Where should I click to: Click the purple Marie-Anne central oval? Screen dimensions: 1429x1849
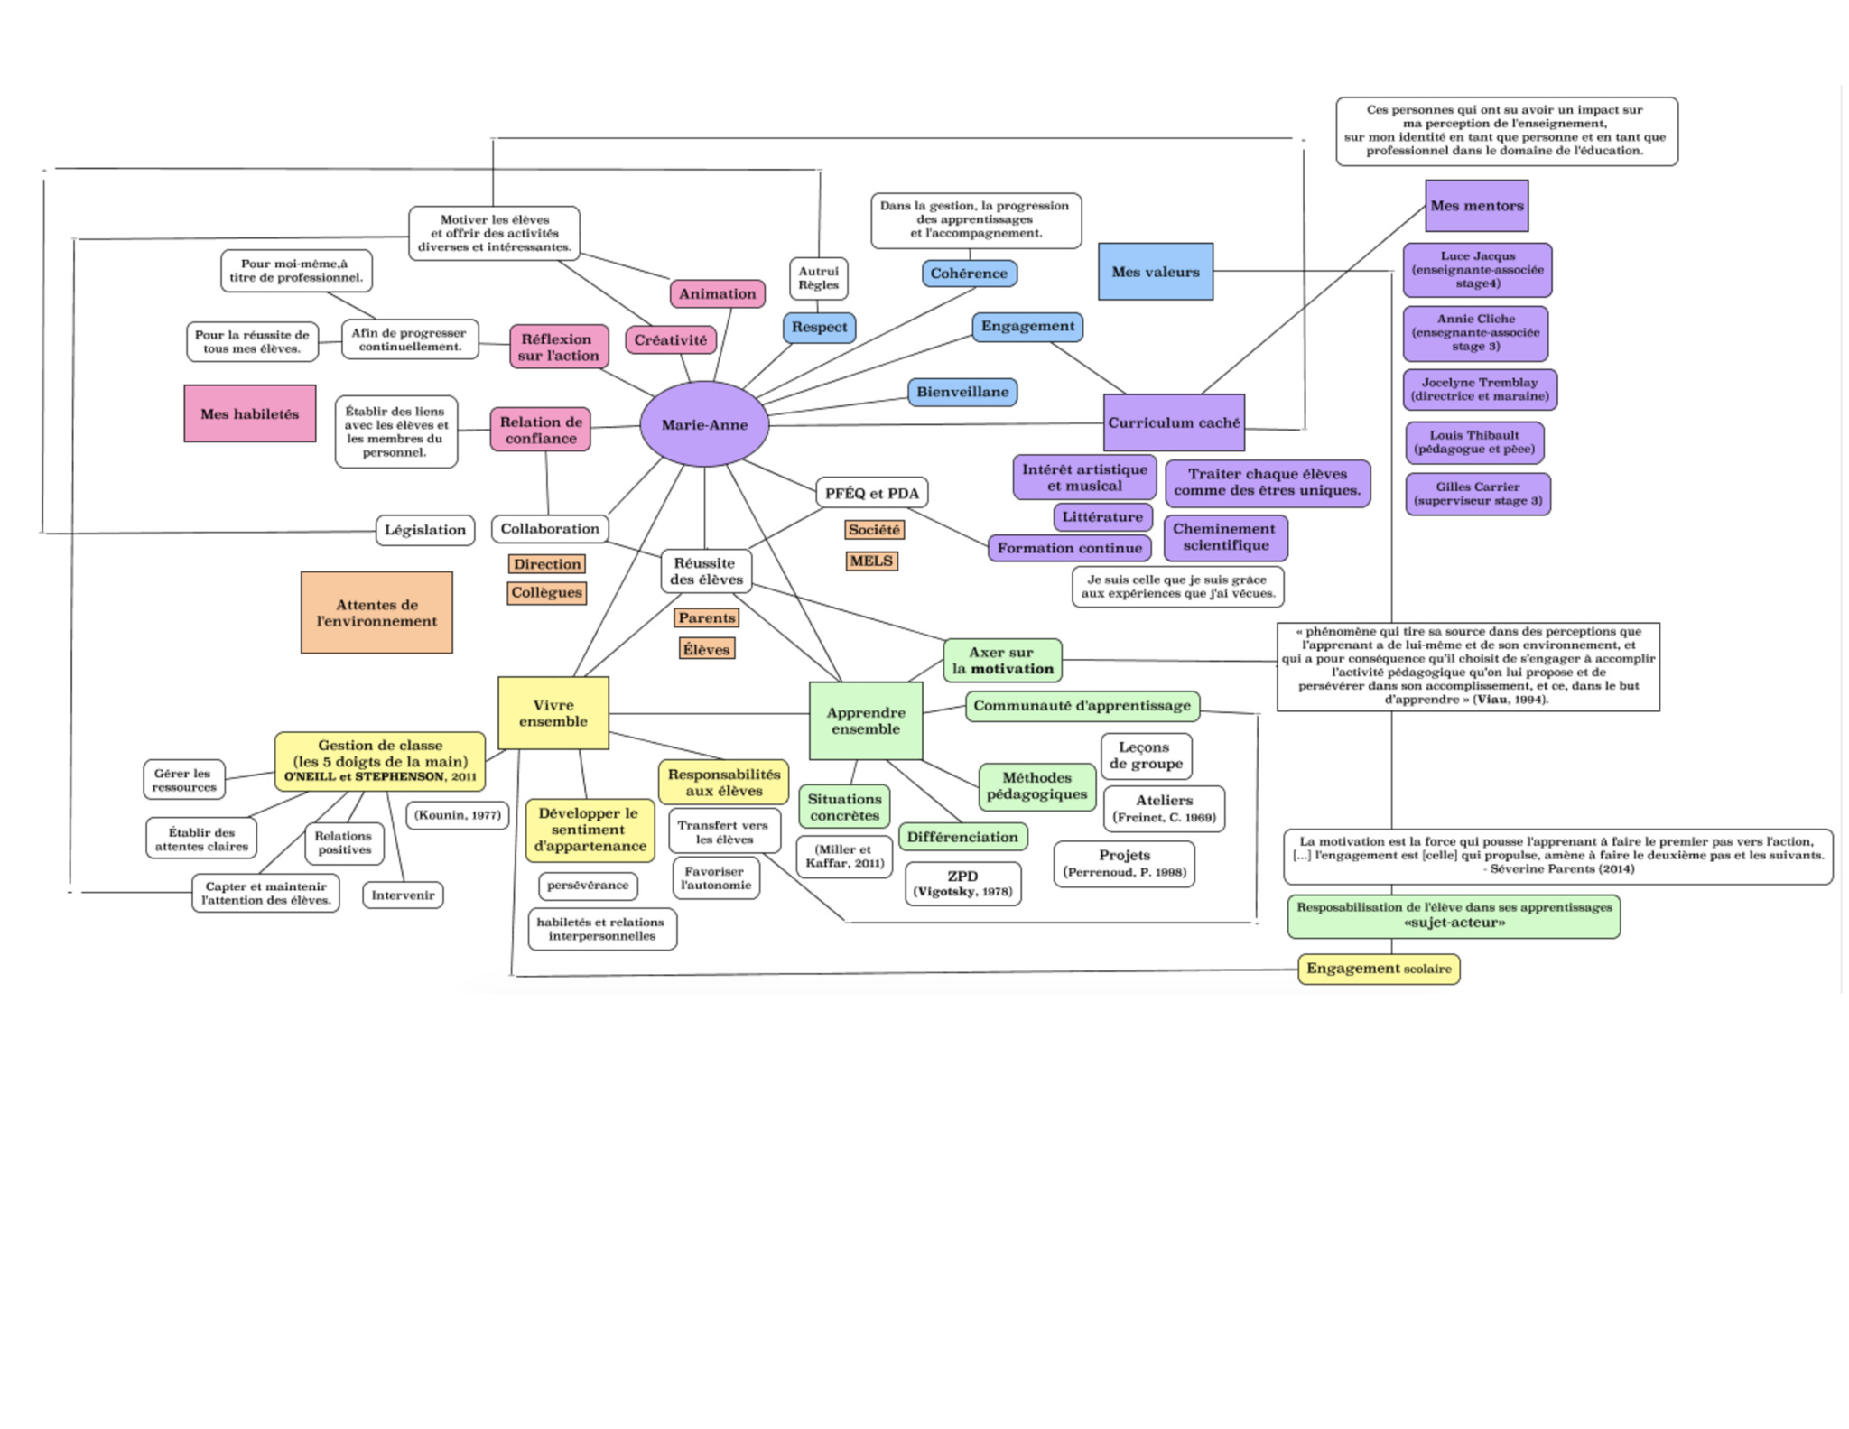[704, 424]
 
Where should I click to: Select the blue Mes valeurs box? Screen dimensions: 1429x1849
[1155, 272]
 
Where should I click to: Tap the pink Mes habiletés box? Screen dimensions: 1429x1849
[249, 413]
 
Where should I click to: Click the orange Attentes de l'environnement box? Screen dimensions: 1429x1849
[376, 612]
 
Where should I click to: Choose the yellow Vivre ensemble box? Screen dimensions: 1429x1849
[553, 713]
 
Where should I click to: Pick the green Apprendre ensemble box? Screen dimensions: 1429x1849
[865, 720]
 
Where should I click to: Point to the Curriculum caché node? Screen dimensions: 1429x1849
[1174, 422]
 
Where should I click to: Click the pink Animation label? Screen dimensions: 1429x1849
[717, 293]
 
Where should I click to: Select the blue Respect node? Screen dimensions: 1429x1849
[819, 327]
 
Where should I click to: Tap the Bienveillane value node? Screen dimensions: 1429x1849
[962, 392]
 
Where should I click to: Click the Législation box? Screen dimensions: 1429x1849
[424, 530]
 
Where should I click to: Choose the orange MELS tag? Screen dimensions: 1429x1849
[871, 561]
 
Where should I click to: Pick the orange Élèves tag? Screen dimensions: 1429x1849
[706, 649]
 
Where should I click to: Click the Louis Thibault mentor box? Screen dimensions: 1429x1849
[1473, 442]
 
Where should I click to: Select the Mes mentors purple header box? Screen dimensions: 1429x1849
[1476, 206]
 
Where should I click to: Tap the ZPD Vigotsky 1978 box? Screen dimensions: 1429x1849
[962, 883]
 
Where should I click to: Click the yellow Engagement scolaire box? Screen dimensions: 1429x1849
[1378, 969]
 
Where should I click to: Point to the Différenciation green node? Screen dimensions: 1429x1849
[962, 837]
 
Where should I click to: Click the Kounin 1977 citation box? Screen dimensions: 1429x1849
[457, 815]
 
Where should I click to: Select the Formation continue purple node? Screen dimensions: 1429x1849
[1069, 548]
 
